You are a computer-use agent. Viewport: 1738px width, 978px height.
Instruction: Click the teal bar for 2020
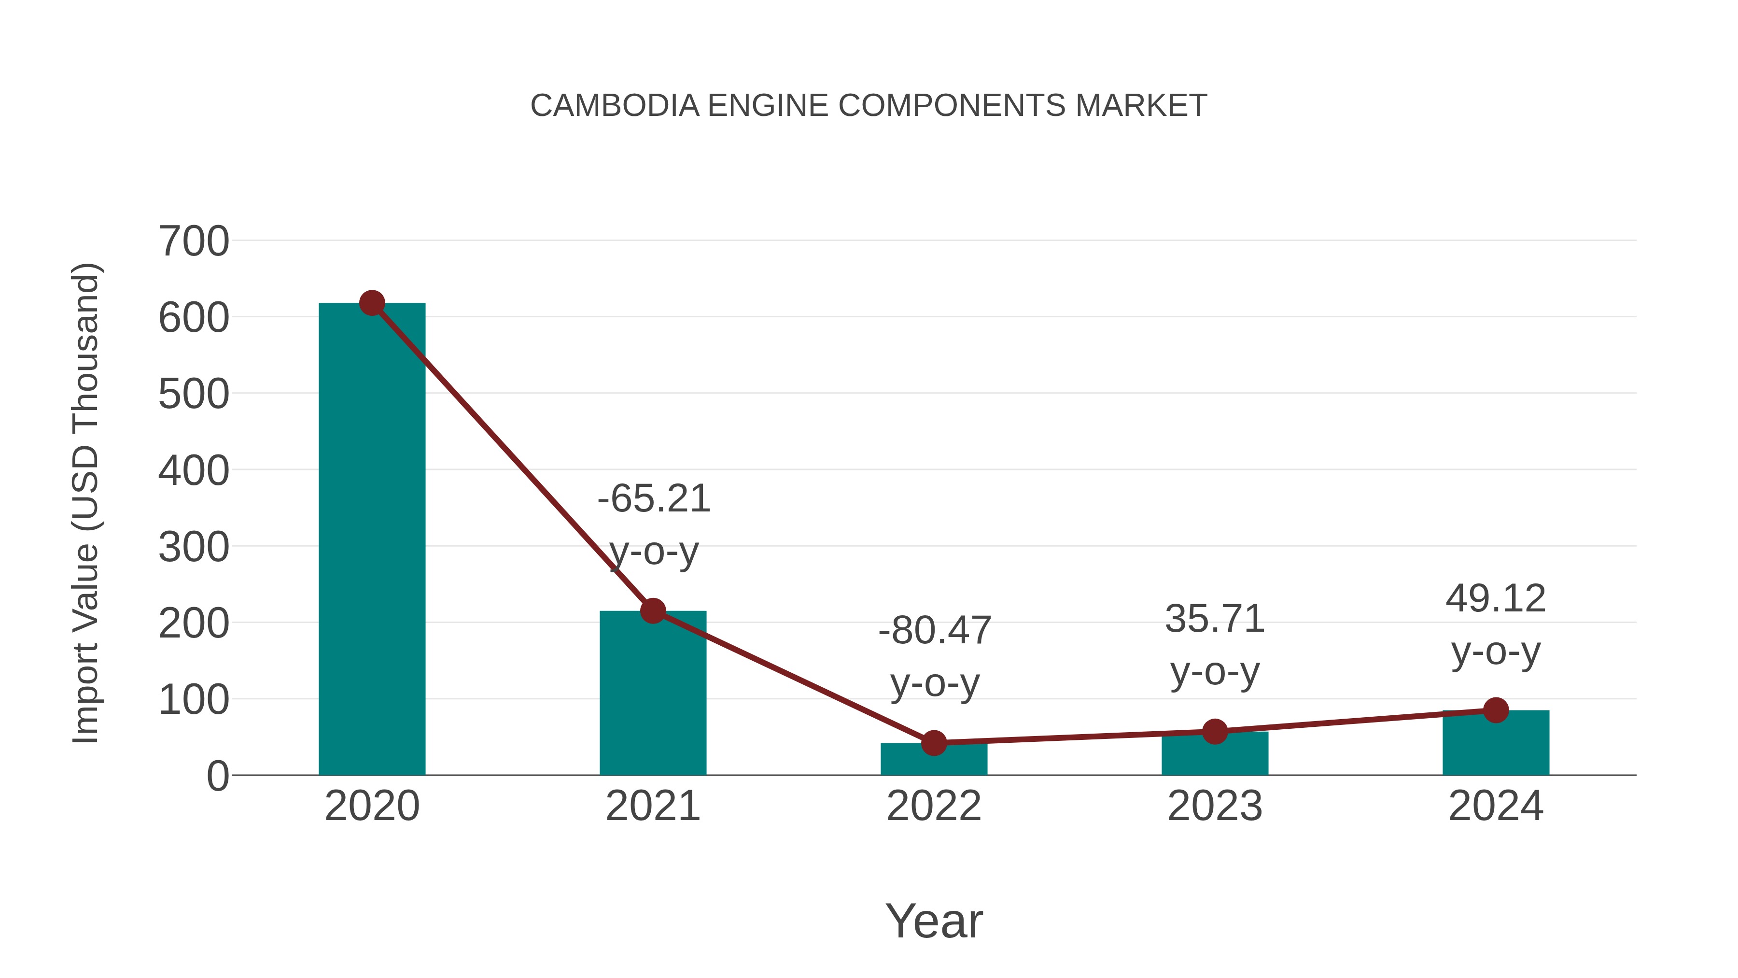click(372, 540)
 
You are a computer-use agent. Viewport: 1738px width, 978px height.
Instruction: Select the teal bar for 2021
click(652, 695)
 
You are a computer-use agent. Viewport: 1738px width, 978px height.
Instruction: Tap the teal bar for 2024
click(1495, 744)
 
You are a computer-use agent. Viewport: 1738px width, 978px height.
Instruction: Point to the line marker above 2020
click(372, 303)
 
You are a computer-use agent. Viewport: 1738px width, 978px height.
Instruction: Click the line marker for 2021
click(652, 611)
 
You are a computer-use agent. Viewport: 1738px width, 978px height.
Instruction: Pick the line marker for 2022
click(934, 743)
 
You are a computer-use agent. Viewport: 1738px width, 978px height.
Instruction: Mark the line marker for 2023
click(1215, 732)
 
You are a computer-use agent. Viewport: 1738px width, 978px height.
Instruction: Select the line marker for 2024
click(1496, 710)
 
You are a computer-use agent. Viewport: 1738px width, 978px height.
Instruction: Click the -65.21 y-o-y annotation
click(654, 524)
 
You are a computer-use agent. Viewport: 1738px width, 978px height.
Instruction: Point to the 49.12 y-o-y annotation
click(1496, 624)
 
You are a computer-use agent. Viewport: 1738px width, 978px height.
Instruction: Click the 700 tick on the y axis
click(194, 241)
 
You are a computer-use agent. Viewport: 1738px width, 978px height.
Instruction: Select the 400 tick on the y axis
click(194, 470)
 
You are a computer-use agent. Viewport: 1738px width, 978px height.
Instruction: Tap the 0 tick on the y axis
click(217, 776)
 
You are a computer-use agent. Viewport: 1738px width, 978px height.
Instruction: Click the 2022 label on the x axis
click(934, 806)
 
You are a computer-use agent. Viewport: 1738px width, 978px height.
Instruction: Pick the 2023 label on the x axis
click(1215, 806)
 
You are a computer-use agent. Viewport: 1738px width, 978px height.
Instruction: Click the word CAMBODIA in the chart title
click(615, 106)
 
